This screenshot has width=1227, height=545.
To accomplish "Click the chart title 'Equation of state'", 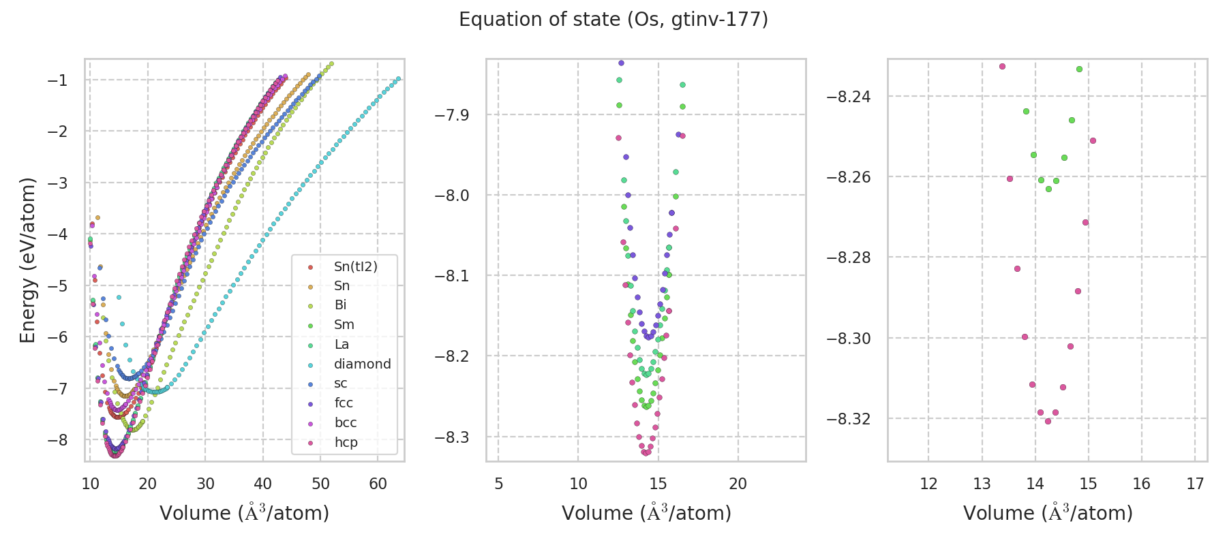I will pyautogui.click(x=613, y=20).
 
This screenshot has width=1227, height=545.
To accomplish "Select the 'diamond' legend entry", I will pyautogui.click(x=362, y=364).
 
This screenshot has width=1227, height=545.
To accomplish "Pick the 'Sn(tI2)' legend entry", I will pyautogui.click(x=355, y=266).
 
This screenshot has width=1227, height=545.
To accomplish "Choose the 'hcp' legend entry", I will pyautogui.click(x=346, y=442).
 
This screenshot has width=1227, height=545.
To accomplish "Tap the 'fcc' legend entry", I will pyautogui.click(x=344, y=403).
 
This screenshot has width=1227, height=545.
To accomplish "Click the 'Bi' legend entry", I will pyautogui.click(x=340, y=305).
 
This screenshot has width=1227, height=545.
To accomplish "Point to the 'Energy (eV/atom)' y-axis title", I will pyautogui.click(x=28, y=260).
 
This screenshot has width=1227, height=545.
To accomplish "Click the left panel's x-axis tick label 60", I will pyautogui.click(x=378, y=484).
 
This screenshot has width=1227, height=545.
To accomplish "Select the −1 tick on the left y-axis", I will pyautogui.click(x=58, y=80).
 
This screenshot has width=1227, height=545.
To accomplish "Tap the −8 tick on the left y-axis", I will pyautogui.click(x=58, y=439).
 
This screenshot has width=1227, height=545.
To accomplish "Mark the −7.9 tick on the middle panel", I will pyautogui.click(x=452, y=114).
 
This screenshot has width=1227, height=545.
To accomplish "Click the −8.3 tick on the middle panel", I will pyautogui.click(x=452, y=437).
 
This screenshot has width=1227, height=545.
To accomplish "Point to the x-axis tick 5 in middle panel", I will pyautogui.click(x=498, y=484).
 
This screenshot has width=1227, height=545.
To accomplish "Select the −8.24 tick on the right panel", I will pyautogui.click(x=848, y=97).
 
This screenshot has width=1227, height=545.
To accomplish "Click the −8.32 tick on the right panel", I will pyautogui.click(x=848, y=418).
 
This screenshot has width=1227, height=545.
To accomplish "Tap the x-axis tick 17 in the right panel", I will pyautogui.click(x=1195, y=484).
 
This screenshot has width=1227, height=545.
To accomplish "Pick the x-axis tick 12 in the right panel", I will pyautogui.click(x=928, y=484).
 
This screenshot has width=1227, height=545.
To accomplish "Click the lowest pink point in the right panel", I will pyautogui.click(x=1048, y=421).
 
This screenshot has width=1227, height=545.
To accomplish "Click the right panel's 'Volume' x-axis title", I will pyautogui.click(x=1048, y=513).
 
